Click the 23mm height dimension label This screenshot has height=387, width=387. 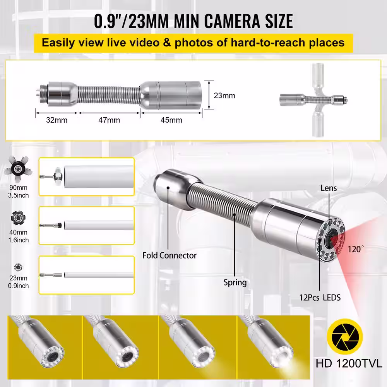pyautogui.click(x=224, y=96)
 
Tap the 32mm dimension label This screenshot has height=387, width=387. pyautogui.click(x=57, y=120)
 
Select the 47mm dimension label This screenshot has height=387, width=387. pyautogui.click(x=109, y=120)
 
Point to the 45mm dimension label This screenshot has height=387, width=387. pyautogui.click(x=171, y=120)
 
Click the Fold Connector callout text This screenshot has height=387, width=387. pyautogui.click(x=170, y=255)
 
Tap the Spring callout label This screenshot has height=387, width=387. pyautogui.click(x=235, y=283)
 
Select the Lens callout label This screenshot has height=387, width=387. pyautogui.click(x=329, y=188)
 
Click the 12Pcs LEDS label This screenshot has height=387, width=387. pyautogui.click(x=320, y=298)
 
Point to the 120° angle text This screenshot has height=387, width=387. pyautogui.click(x=356, y=249)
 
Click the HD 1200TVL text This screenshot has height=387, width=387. pyautogui.click(x=349, y=363)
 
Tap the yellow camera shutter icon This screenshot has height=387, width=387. pyautogui.click(x=345, y=337)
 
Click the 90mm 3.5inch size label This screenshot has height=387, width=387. pyautogui.click(x=18, y=192)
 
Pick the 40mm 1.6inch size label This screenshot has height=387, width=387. pyautogui.click(x=18, y=236)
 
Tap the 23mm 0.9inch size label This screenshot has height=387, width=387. pyautogui.click(x=18, y=282)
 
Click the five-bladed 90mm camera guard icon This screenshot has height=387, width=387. pyautogui.click(x=18, y=169)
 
